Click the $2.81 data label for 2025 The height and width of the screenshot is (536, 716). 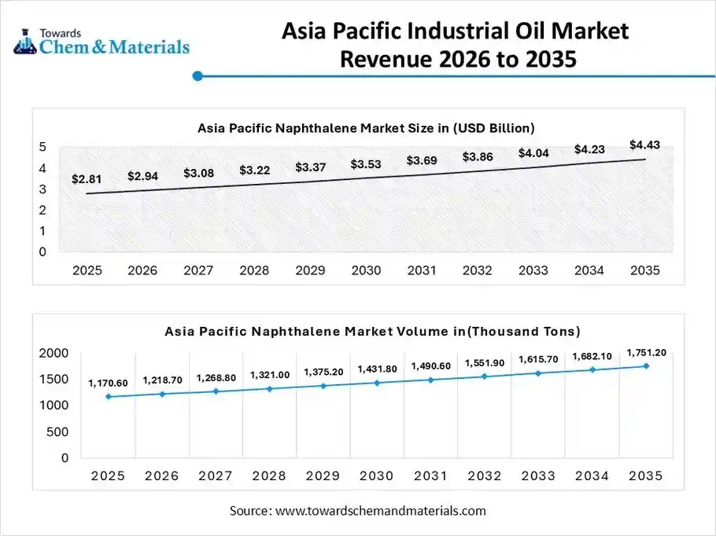[x=87, y=179]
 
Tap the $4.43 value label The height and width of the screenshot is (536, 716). [x=644, y=144]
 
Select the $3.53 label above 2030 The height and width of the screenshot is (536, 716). [x=366, y=163]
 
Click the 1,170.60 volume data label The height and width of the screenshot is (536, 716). [x=107, y=383]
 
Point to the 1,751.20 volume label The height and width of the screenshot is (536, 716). [x=646, y=352]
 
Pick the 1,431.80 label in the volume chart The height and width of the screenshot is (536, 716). [x=378, y=369]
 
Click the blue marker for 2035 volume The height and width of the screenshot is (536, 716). [x=646, y=366]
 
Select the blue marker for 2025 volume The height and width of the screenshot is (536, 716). [x=108, y=397]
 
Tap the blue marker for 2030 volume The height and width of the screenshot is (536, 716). [x=377, y=383]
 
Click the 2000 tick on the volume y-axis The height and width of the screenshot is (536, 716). [x=54, y=354]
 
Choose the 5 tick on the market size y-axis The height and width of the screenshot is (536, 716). [x=42, y=147]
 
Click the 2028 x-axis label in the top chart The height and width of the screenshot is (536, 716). [x=254, y=270]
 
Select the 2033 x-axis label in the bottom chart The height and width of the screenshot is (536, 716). [x=538, y=475]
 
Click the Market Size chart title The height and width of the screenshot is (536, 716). [x=366, y=127]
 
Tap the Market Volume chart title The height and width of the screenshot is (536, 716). [x=372, y=332]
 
